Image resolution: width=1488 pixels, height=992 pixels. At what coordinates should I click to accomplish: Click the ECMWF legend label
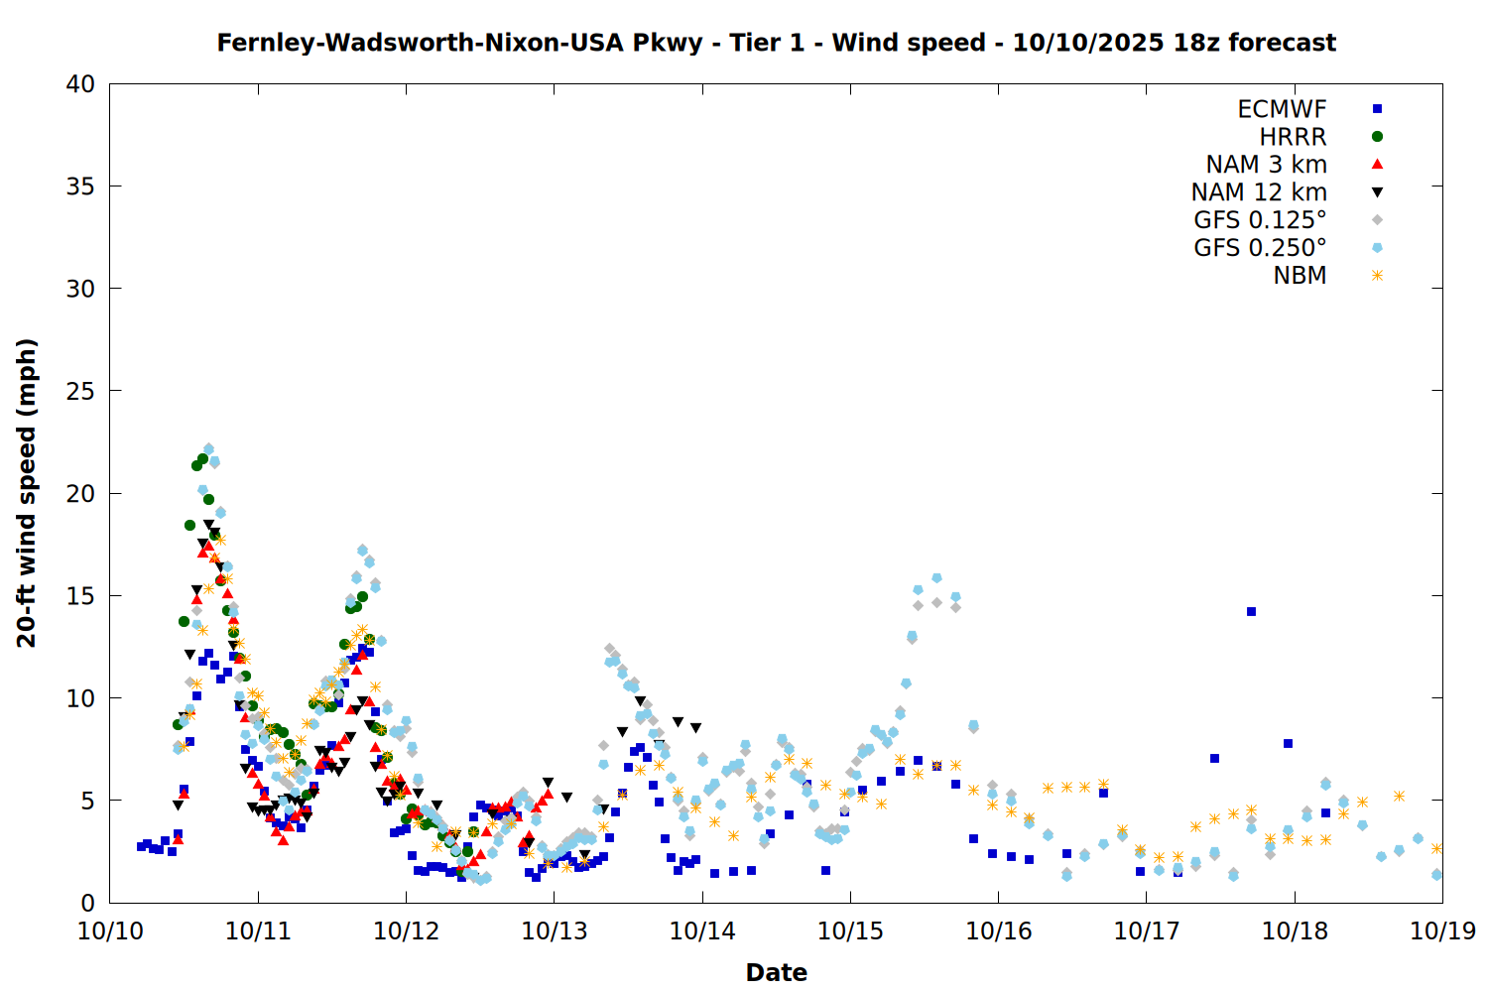[x=1282, y=109]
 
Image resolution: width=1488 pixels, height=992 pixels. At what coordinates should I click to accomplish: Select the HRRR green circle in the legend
[x=1377, y=137]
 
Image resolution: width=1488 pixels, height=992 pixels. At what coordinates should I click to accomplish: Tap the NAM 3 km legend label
[x=1266, y=165]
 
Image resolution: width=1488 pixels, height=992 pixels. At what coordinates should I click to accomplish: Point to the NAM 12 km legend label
[x=1259, y=192]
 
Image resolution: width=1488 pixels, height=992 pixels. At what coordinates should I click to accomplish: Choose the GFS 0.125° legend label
[x=1260, y=220]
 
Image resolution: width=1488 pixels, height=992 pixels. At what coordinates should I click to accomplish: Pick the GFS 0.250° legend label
[x=1260, y=248]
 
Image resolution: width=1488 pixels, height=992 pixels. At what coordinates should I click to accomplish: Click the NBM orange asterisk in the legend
[x=1377, y=276]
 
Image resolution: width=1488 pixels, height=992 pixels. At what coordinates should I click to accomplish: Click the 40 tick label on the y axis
[x=80, y=84]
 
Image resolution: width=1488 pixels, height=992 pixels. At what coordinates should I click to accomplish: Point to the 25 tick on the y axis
[x=80, y=391]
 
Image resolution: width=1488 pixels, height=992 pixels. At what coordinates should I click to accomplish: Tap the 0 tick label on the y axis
[x=87, y=903]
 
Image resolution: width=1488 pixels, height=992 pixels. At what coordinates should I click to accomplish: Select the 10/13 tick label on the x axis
[x=554, y=931]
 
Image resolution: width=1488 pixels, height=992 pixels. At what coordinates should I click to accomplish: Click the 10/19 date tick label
[x=1442, y=931]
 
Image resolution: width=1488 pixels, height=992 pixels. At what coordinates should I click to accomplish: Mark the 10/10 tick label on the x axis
[x=110, y=931]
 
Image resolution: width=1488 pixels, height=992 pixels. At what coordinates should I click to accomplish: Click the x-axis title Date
[x=776, y=972]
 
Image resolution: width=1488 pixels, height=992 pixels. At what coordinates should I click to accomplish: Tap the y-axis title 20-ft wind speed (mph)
[x=27, y=493]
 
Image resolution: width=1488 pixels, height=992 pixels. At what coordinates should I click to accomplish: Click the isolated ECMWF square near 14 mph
[x=1251, y=612]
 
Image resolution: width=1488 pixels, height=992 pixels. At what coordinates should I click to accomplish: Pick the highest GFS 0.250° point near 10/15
[x=936, y=578]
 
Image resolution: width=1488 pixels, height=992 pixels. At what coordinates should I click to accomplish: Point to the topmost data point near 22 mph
[x=208, y=449]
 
